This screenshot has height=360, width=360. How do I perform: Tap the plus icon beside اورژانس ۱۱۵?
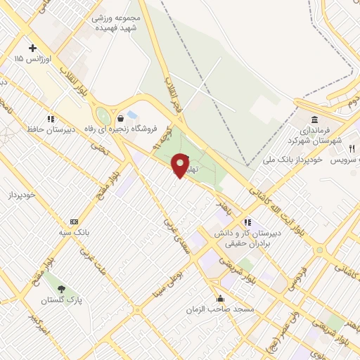(x=32, y=48)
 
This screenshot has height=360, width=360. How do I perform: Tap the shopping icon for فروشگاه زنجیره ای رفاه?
(x=122, y=118)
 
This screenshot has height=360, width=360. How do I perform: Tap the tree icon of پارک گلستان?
(x=60, y=289)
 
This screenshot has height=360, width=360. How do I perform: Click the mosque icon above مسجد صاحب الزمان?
(x=220, y=298)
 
